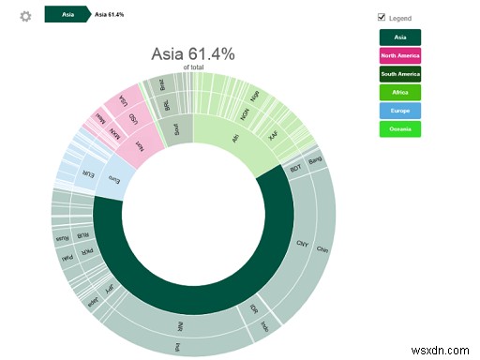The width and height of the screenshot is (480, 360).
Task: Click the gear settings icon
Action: (x=25, y=16)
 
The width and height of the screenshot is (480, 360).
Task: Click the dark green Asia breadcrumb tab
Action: (x=67, y=16)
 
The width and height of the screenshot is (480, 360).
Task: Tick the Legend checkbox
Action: (x=381, y=18)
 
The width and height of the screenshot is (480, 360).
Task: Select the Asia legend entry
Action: (x=399, y=37)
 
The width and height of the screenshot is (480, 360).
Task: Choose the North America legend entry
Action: (x=399, y=55)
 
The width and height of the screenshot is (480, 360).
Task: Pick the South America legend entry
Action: (x=399, y=74)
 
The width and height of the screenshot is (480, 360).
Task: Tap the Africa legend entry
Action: (x=399, y=92)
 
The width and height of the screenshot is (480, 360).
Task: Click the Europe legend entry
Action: (x=399, y=111)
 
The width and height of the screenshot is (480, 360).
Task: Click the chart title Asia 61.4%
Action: (x=195, y=55)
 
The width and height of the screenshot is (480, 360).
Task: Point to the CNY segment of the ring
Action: (x=302, y=242)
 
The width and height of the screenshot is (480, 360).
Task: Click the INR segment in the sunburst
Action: (x=179, y=326)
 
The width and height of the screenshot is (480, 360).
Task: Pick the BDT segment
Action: (x=295, y=169)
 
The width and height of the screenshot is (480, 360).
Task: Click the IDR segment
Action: (x=252, y=306)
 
